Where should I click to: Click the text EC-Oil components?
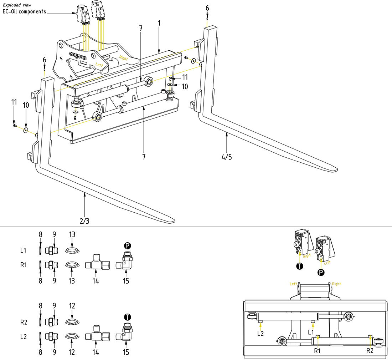tap(25, 11)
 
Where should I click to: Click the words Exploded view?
tap(17, 5)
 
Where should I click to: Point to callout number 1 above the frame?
tap(159, 22)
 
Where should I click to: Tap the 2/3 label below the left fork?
tap(84, 221)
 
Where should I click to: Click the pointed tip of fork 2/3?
tap(174, 219)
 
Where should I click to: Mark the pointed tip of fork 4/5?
tap(336, 170)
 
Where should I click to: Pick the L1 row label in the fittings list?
tap(24, 250)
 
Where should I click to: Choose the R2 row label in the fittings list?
tap(24, 322)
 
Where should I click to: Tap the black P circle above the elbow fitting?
tap(127, 245)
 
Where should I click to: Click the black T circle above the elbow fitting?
tap(127, 316)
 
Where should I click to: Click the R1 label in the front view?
tap(318, 350)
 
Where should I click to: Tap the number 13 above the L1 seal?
tap(72, 234)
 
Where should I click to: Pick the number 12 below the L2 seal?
tap(72, 353)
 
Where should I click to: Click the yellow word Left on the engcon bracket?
tap(99, 64)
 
